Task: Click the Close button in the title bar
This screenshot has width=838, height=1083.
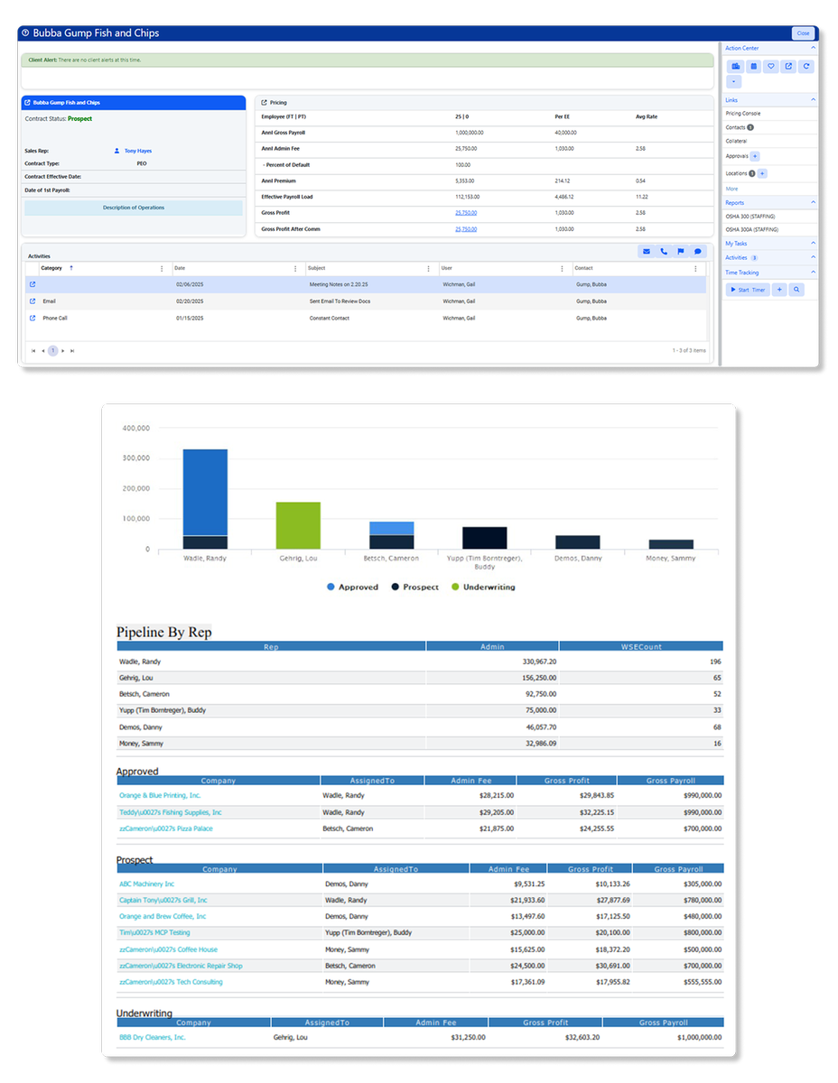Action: [x=803, y=33]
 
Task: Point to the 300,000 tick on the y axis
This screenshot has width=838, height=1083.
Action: [x=135, y=458]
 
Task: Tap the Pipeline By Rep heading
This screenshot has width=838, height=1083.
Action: [x=164, y=632]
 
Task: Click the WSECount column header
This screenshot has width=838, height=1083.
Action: [x=641, y=646]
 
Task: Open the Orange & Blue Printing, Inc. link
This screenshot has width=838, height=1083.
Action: [x=160, y=795]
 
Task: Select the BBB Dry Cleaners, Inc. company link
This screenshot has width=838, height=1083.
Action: [x=153, y=1037]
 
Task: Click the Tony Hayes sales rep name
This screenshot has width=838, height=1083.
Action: [x=138, y=151]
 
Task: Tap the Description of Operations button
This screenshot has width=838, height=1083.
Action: [x=134, y=208]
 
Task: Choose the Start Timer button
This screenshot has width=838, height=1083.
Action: [x=748, y=290]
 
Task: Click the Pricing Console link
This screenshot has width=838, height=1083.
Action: [x=743, y=114]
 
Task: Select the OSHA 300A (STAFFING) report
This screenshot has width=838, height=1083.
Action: [x=751, y=230]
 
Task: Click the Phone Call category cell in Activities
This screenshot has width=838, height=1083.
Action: [x=55, y=318]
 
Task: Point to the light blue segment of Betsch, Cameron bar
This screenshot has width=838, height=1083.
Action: [x=392, y=528]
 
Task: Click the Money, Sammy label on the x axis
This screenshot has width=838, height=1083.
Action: [x=671, y=559]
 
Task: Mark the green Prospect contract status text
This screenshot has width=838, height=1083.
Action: [x=79, y=119]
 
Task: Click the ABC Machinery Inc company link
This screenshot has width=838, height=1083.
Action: [x=147, y=884]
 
